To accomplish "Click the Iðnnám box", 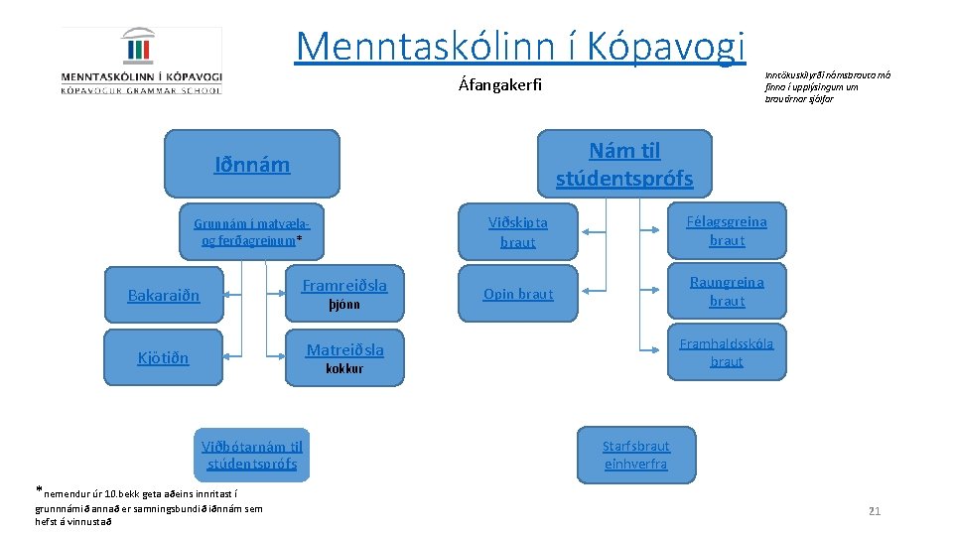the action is pos(252,165).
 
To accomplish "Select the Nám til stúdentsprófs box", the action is pos(624,165).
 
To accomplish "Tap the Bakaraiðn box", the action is pos(164,295).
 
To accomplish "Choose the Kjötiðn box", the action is pos(164,357).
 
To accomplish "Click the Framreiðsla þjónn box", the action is pos(344,294).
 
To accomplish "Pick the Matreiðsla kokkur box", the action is pos(344,357).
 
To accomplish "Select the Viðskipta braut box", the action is pos(517,231).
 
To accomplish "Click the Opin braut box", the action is pos(517,294).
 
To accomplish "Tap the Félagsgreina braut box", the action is pos(727,230).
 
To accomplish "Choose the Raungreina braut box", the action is pos(727,291).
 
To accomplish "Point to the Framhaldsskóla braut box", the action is pos(727,352).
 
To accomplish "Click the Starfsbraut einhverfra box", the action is pos(636,455).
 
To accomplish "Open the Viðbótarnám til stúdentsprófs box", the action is pos(252,455).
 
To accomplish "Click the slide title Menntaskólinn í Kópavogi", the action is pos(520,45).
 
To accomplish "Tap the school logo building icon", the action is pos(140,49).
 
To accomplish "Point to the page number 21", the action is pos(874,511).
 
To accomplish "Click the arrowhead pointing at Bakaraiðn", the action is pos(229,294).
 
